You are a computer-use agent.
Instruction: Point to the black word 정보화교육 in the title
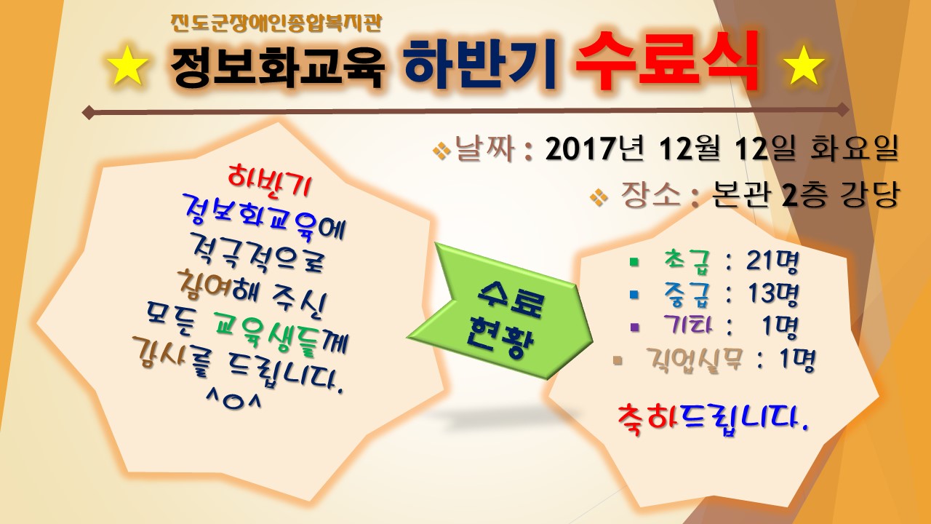pos(278,68)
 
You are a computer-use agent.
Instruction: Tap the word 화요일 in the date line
pos(855,150)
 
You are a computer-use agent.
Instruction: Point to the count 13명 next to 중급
pos(773,294)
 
